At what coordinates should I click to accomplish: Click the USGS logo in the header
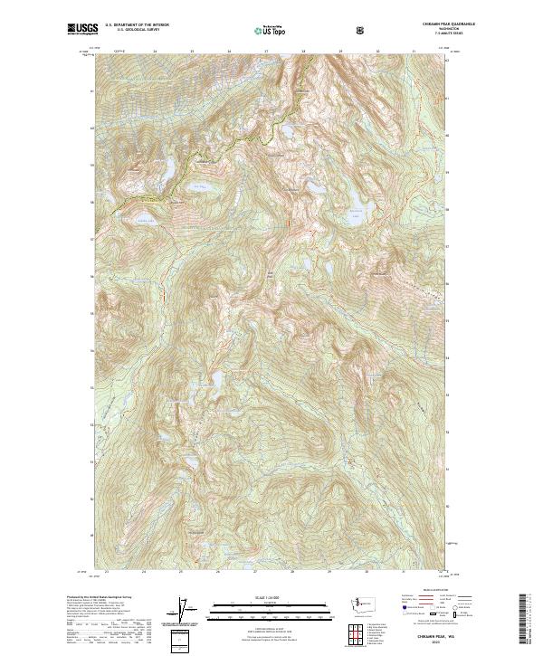pos(82,29)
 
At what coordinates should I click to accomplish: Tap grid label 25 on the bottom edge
pos(180,572)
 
